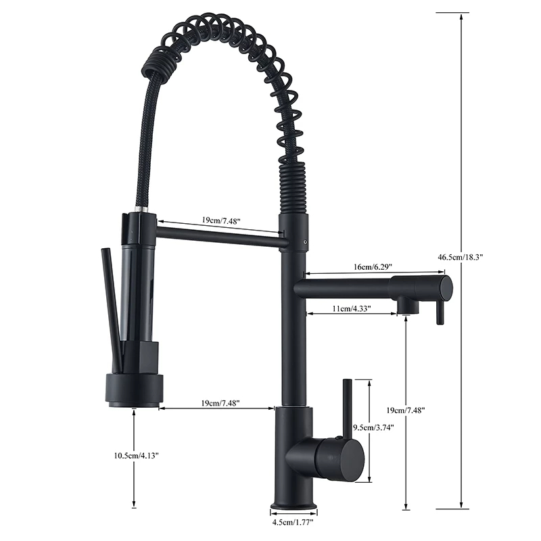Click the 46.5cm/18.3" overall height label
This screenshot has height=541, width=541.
pyautogui.click(x=461, y=257)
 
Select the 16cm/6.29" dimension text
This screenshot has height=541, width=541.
pyautogui.click(x=371, y=268)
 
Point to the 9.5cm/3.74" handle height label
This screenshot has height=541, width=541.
pyautogui.click(x=373, y=427)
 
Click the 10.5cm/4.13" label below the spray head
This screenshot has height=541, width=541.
pyautogui.click(x=136, y=456)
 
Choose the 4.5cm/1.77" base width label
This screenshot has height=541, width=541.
pyautogui.click(x=294, y=522)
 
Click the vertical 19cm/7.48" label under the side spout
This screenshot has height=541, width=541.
pyautogui.click(x=406, y=410)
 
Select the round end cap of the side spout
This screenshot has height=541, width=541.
pyautogui.click(x=445, y=288)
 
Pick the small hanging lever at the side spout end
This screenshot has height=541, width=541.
pyautogui.click(x=439, y=312)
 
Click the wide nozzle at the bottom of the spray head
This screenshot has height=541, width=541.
pyautogui.click(x=133, y=393)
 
